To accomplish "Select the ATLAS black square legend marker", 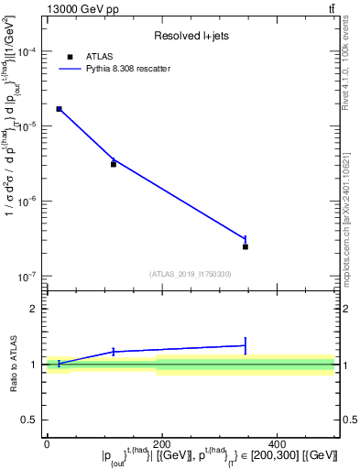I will [71, 56].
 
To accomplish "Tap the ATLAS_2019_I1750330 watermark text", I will [191, 274].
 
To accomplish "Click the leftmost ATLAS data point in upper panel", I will [59, 109].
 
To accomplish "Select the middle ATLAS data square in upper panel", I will [114, 164].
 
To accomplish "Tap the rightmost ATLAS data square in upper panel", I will [245, 246].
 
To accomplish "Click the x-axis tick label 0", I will [47, 443].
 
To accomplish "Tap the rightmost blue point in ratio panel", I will [245, 345].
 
